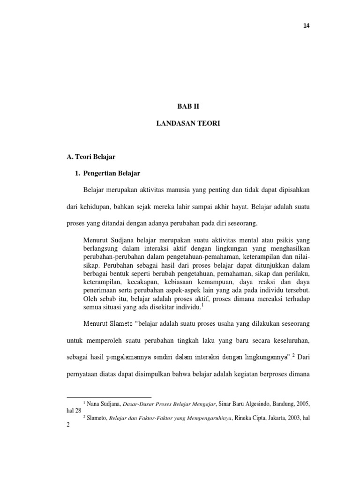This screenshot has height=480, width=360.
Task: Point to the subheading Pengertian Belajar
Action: click(112, 173)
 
